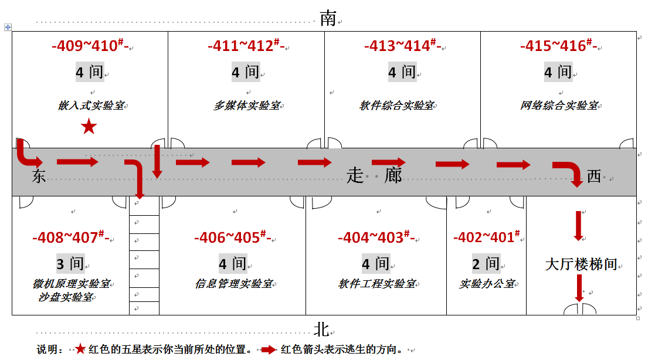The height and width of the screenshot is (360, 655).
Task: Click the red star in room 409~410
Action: point(89,127)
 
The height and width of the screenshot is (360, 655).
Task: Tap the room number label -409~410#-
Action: point(90,45)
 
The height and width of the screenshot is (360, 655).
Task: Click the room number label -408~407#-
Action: point(70,237)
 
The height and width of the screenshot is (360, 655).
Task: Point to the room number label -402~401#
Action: point(487,237)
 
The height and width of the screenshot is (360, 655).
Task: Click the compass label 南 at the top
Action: point(328,18)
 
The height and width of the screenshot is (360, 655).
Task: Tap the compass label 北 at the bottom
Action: point(322,330)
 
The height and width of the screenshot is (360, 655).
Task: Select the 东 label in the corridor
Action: point(39,176)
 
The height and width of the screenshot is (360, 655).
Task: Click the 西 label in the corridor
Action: point(593,176)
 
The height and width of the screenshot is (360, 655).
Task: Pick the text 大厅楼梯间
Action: point(581,264)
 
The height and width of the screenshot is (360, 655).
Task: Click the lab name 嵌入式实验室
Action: point(91,105)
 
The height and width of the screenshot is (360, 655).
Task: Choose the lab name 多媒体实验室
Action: point(247,105)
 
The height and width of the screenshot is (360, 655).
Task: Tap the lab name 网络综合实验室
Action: point(559,105)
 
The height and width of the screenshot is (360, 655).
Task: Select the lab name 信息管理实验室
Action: point(234,284)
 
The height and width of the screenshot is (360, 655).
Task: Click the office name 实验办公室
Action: point(487,284)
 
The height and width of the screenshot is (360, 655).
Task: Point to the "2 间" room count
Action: point(486,263)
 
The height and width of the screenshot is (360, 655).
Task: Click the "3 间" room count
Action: point(70,263)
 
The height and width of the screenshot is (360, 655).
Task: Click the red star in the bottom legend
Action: point(80,349)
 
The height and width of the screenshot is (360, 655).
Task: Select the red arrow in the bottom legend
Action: point(268,349)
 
